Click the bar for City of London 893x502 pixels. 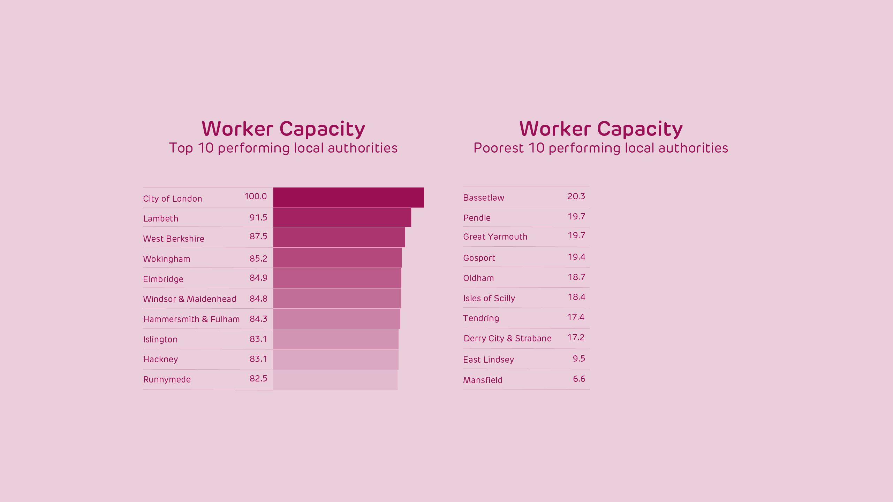coord(348,198)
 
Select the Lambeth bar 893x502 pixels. coord(342,217)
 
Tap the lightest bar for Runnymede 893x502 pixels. coord(335,380)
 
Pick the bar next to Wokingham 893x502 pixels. coord(337,258)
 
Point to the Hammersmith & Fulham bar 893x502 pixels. coord(336,319)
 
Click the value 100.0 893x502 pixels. coord(255,196)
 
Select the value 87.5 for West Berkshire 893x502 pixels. coord(258,237)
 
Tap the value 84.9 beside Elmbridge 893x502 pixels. coord(258,278)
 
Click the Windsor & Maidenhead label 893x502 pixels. coord(189,299)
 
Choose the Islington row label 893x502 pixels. coord(160,340)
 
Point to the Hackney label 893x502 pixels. coord(160,360)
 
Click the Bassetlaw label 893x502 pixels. coord(483,198)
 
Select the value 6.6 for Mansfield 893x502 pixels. coord(579,379)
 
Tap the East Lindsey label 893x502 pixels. coord(488,360)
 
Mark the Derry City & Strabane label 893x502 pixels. coord(507,339)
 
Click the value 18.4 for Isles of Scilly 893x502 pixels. coord(576,297)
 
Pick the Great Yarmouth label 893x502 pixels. coord(495,237)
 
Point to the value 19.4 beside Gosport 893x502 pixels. coord(576,257)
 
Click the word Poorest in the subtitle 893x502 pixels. coord(498,148)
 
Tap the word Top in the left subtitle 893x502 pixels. coord(181,148)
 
